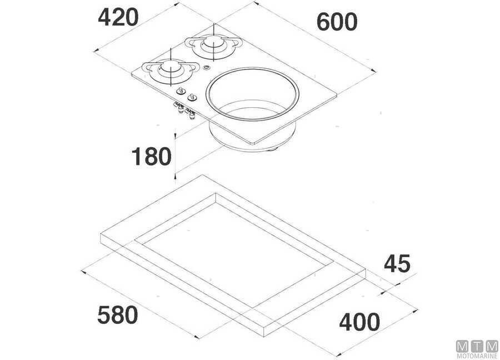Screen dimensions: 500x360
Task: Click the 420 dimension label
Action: pyautogui.click(x=118, y=18)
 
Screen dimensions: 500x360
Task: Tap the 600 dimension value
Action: pyautogui.click(x=337, y=22)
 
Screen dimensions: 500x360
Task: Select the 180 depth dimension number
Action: pyautogui.click(x=152, y=156)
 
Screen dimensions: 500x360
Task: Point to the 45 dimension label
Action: pyautogui.click(x=397, y=263)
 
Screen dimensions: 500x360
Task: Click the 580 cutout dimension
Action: pyautogui.click(x=118, y=314)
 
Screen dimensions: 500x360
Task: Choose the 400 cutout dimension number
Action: pyautogui.click(x=359, y=322)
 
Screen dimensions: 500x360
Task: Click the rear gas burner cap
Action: pyautogui.click(x=212, y=42)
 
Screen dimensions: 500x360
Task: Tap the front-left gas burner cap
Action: pyautogui.click(x=171, y=67)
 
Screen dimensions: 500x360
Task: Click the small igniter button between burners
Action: pyautogui.click(x=207, y=68)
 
